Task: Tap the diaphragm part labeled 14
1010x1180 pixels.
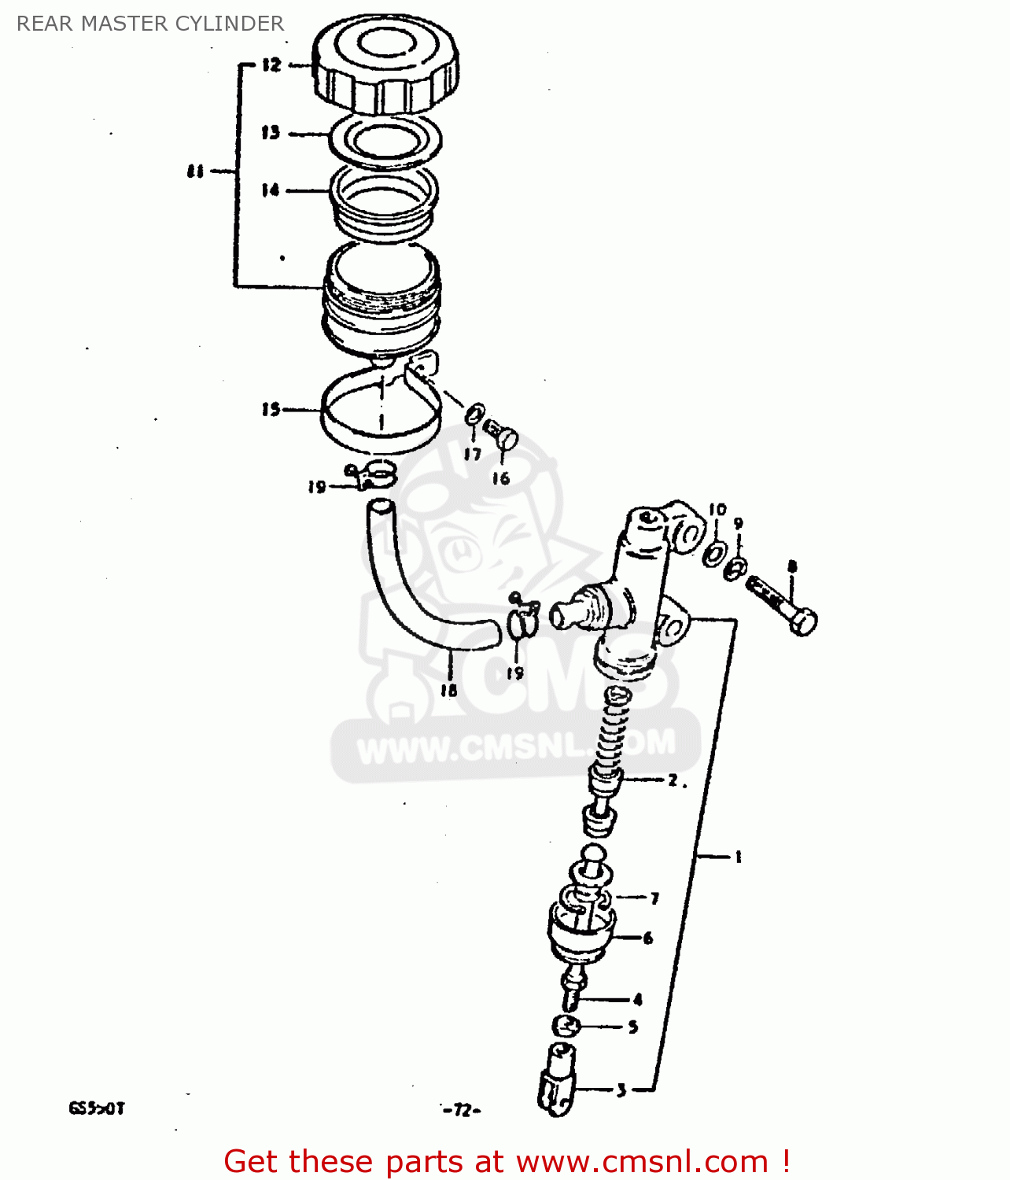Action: coord(383,201)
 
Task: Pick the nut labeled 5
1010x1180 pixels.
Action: coord(567,1026)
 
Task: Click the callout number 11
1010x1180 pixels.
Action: coord(195,171)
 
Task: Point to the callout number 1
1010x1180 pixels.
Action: coord(738,857)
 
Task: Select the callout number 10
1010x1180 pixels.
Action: coord(717,510)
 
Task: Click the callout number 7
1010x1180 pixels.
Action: coord(654,898)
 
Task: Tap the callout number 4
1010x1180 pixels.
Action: coord(637,1000)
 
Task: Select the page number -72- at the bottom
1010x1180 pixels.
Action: coord(462,1110)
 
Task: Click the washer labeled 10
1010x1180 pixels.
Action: coord(715,552)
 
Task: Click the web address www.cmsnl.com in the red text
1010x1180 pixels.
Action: coord(642,1161)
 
